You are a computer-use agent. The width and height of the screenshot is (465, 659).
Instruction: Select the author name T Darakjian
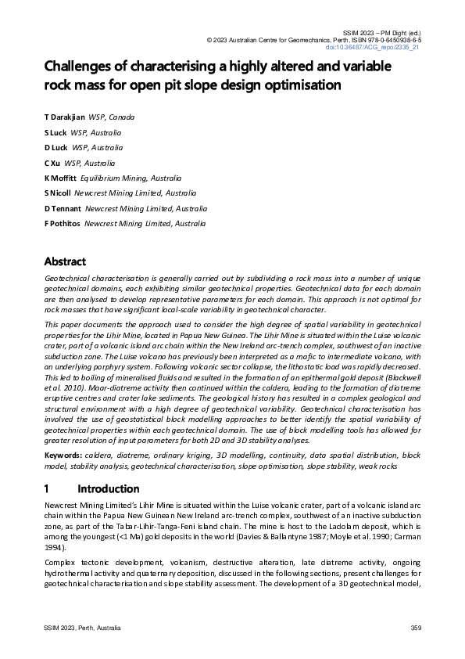tap(64, 117)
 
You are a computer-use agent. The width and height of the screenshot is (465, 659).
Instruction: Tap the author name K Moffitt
tap(60, 178)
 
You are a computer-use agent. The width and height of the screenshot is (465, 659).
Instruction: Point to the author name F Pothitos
tap(62, 224)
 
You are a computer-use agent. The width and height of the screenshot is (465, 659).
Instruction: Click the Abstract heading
tap(65, 261)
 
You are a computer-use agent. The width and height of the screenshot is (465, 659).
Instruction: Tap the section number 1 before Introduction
tap(47, 488)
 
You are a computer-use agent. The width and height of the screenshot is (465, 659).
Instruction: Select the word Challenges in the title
tap(82, 67)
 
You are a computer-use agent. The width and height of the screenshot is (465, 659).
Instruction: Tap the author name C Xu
tap(52, 163)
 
